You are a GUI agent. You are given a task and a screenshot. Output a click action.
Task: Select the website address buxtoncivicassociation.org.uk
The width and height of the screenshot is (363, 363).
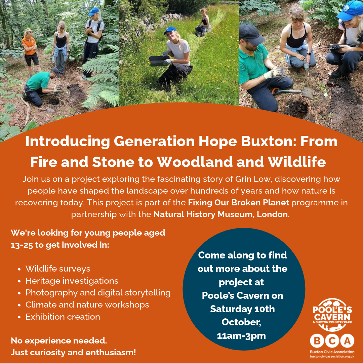coord(332,357)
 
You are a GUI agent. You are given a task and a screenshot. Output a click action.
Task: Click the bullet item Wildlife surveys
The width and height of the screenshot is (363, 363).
coord(58,269)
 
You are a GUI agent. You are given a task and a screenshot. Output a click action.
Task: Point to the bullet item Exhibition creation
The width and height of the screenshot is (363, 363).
coord(63,317)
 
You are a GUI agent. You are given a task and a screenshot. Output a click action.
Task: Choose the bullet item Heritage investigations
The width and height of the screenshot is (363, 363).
coord(72,281)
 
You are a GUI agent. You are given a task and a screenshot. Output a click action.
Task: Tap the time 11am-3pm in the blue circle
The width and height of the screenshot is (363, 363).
coord(241,336)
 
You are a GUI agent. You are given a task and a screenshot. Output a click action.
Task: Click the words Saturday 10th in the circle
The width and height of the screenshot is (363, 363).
coord(242,309)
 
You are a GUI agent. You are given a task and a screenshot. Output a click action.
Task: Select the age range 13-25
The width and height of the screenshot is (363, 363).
coord(22,245)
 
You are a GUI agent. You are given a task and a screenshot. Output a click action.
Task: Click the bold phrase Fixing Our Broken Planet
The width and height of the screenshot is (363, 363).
coord(238,203)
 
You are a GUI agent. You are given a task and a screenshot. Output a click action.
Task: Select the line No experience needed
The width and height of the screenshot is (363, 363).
coord(59,341)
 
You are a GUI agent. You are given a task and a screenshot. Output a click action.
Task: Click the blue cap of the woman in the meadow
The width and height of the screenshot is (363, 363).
coord(170,30)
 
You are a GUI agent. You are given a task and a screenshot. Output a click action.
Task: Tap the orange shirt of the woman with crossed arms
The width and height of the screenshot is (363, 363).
coord(29,46)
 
